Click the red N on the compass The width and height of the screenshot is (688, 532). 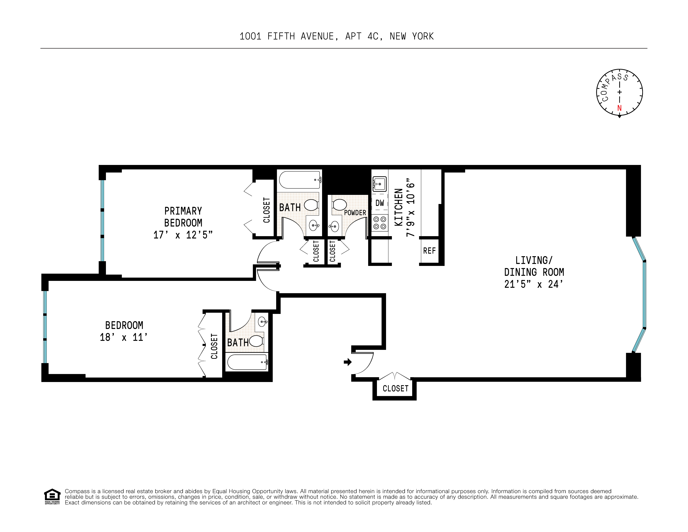[619, 108]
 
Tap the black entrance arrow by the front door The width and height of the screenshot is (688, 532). [348, 362]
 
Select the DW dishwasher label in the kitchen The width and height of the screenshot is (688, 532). [380, 203]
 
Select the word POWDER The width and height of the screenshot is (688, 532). [355, 213]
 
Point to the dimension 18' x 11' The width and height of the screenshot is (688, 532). [123, 337]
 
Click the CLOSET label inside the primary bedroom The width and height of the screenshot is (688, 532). [267, 210]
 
